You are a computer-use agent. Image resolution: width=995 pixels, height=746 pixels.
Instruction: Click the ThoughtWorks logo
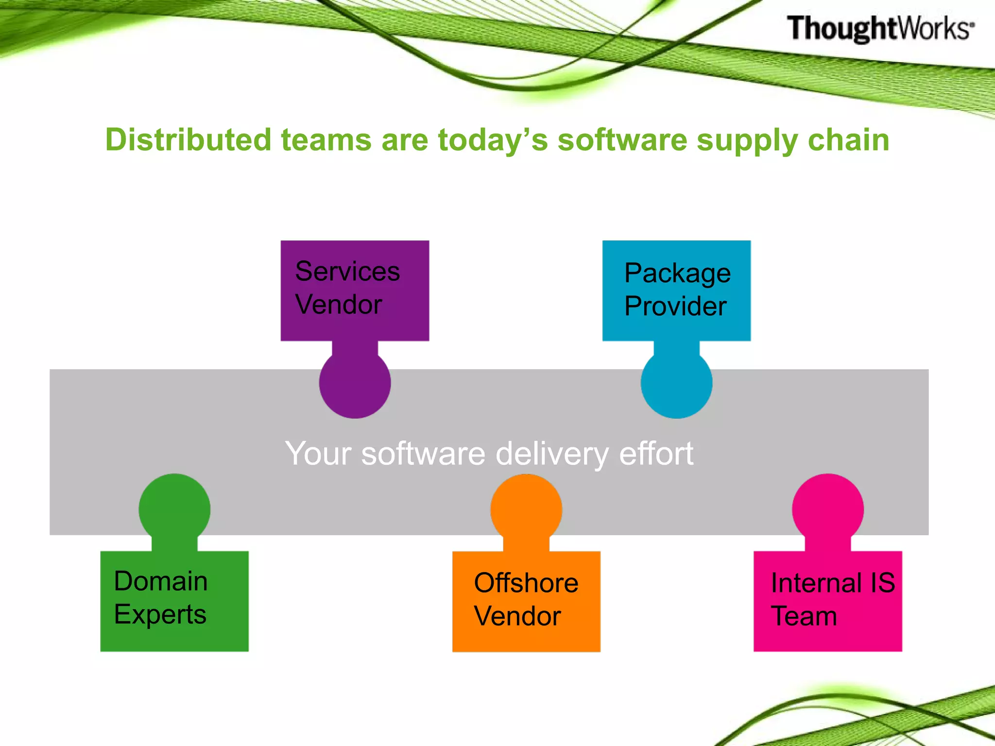coord(880,28)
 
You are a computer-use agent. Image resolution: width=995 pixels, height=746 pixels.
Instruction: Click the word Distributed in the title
coord(188,140)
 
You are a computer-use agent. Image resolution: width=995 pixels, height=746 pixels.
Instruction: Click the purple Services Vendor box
coord(355,290)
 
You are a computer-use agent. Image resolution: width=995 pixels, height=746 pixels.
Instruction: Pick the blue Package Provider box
coord(676,290)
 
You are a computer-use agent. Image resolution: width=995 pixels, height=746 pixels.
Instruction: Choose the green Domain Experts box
coord(174,601)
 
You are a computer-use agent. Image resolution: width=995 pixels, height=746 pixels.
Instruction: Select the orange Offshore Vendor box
coord(526,601)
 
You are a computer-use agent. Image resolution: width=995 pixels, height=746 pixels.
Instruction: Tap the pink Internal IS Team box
coord(827,601)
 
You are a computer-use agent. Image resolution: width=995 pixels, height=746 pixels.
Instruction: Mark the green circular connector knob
coord(174,509)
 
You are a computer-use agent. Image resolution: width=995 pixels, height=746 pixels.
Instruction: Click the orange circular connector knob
coord(526,509)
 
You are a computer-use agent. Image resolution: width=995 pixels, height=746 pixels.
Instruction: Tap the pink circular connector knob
coord(827,509)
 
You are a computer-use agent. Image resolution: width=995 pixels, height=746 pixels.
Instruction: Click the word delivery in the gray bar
coord(551,454)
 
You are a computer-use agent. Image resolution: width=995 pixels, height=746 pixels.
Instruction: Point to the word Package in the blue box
coord(677,273)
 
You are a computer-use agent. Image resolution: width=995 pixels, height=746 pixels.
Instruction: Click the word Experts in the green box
coord(160,614)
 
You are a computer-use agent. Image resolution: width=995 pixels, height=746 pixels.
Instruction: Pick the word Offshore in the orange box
coord(526,583)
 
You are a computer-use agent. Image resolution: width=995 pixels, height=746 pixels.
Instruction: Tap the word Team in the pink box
coord(804,616)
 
